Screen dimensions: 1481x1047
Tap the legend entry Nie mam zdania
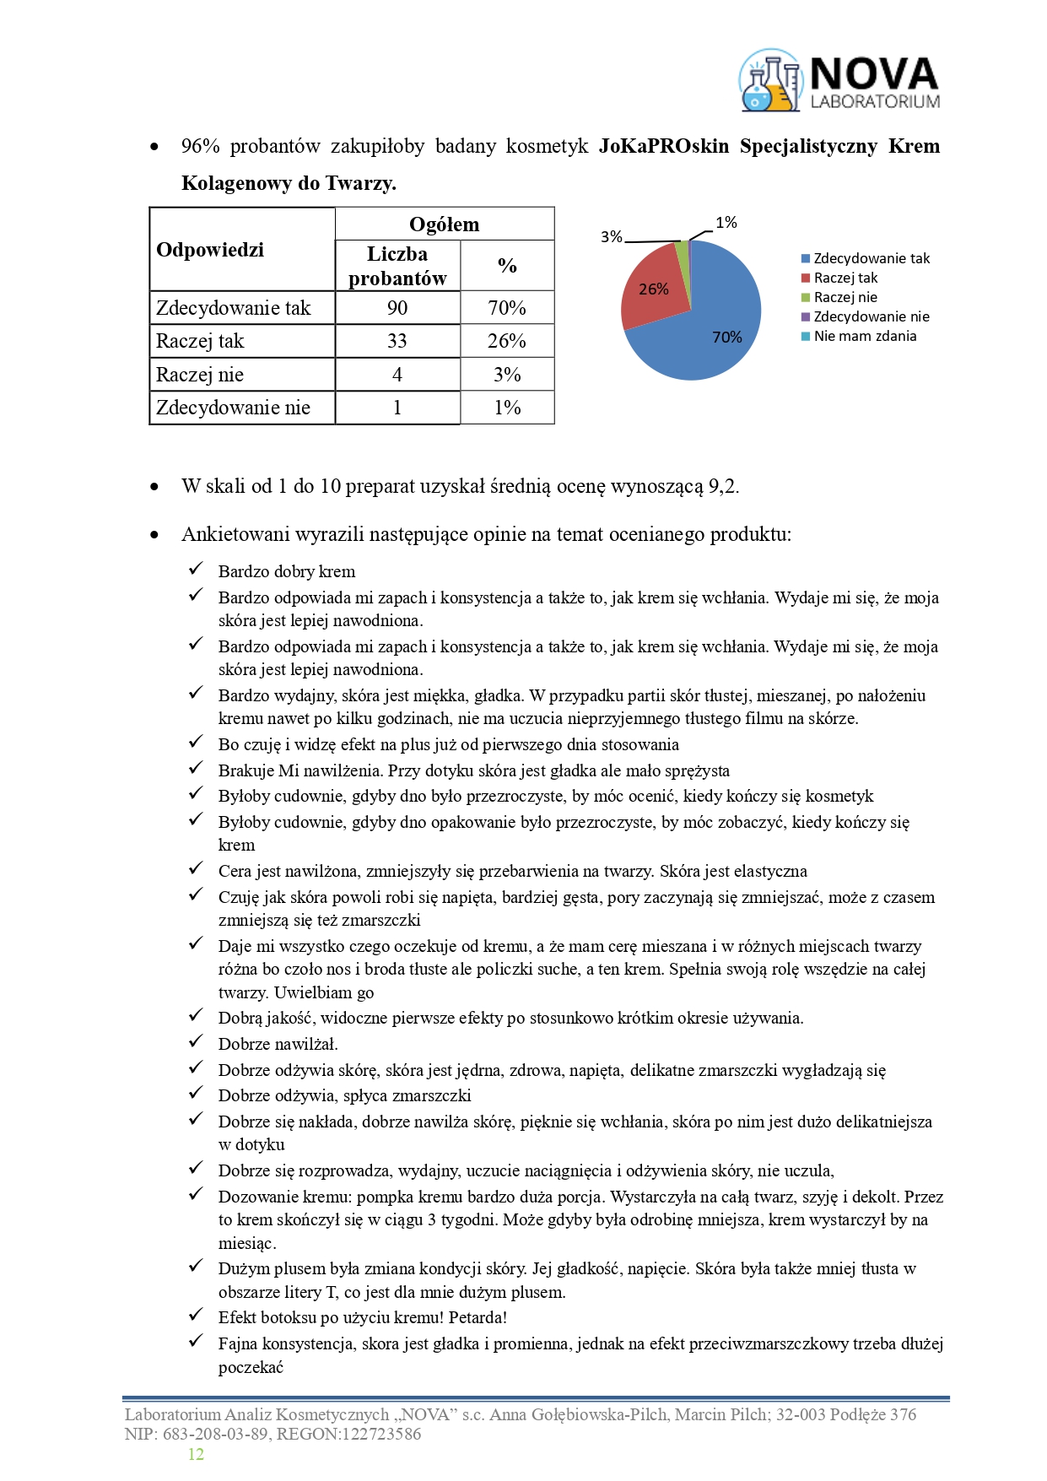(864, 336)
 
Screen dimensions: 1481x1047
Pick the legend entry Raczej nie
(845, 297)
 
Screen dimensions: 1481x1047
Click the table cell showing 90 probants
(397, 308)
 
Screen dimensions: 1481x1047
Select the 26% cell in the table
(507, 341)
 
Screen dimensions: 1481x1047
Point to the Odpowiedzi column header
(210, 250)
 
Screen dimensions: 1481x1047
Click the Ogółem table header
(444, 224)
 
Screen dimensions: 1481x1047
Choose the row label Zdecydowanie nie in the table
(234, 408)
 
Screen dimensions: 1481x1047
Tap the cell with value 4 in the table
(397, 375)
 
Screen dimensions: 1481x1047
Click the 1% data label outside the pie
(726, 223)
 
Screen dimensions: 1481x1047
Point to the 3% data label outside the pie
(611, 237)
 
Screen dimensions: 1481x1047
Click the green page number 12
(196, 1454)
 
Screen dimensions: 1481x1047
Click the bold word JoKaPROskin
(663, 146)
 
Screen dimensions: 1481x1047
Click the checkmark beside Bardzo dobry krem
(196, 570)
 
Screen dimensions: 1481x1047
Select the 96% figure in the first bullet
(200, 146)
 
